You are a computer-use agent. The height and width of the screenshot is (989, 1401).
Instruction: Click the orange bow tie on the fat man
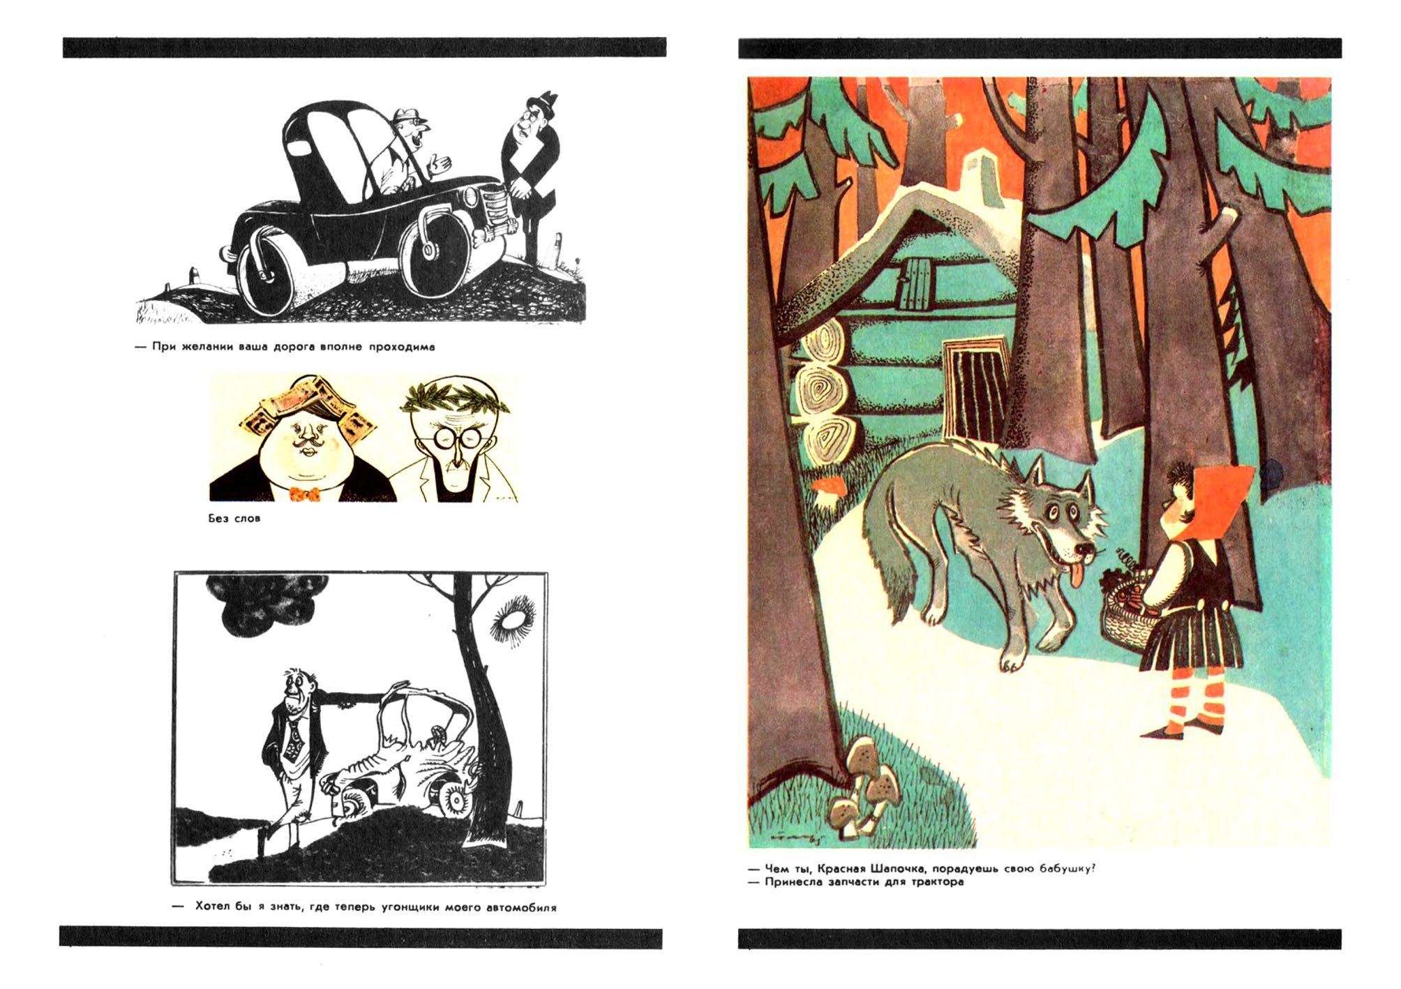click(x=304, y=494)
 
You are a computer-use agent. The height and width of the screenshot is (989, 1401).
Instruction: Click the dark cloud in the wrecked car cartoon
click(x=267, y=604)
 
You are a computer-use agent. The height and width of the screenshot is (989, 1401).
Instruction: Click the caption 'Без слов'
click(x=234, y=519)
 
